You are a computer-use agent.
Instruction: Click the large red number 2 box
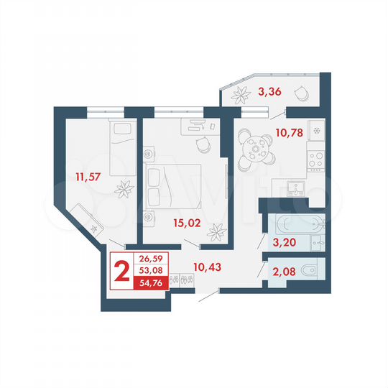[x=121, y=271]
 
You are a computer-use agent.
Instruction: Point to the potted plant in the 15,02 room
[x=216, y=231]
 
